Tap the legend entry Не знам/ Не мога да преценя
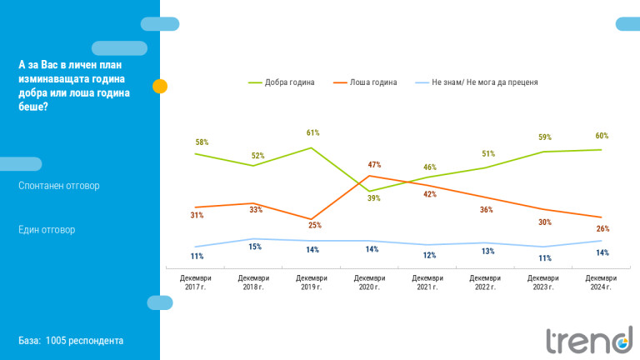pos(484,82)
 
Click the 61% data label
pos(312,132)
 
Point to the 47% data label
pos(374,165)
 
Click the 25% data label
pos(315,225)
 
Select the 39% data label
pos(374,198)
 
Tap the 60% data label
pos(602,136)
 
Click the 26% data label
pos(602,228)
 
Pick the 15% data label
pos(255,247)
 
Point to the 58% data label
pos(202,142)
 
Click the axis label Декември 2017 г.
pos(196,282)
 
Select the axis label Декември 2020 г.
pos(369,282)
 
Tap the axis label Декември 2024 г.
pos(600,282)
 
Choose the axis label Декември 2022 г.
pos(485,282)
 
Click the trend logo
pos(588,339)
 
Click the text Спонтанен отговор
pos(58,186)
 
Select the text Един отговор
pos(47,229)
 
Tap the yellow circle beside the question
pos(160,86)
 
